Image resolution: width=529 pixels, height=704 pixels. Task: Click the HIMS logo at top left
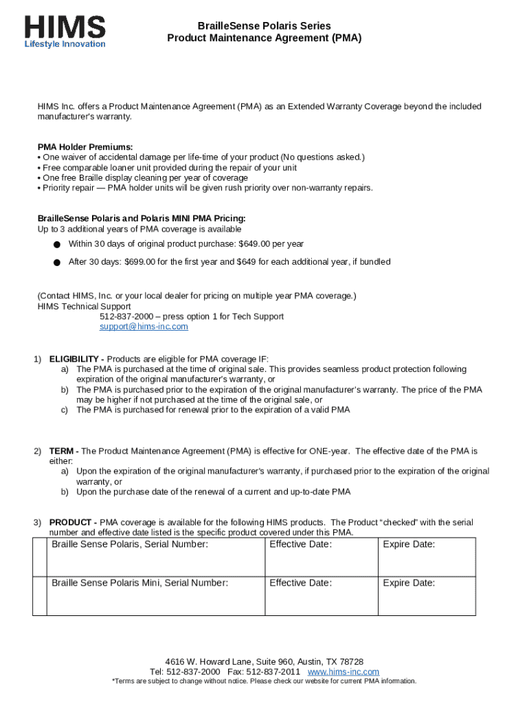[65, 27]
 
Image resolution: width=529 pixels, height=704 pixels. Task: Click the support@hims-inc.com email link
[144, 327]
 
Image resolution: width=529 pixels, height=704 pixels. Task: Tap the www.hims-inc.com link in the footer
[344, 672]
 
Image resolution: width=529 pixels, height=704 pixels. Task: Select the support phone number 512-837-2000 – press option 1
[192, 316]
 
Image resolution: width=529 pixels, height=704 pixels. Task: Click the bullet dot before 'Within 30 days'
[57, 244]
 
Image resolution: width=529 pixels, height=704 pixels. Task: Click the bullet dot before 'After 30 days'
[57, 262]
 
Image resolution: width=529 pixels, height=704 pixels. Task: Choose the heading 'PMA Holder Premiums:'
[85, 147]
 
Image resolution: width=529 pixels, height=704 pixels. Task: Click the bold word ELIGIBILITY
[75, 359]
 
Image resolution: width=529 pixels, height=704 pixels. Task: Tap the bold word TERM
[63, 451]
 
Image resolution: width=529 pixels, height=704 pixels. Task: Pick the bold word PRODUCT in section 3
[73, 522]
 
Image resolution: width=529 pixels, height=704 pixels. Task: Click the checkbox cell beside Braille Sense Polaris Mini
[39, 596]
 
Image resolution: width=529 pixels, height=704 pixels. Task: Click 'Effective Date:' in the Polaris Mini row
[300, 583]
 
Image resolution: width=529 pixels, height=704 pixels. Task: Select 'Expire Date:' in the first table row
[409, 544]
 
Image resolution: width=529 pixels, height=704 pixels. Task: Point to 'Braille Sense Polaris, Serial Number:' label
[130, 544]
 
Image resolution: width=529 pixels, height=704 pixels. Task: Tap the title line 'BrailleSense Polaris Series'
[264, 25]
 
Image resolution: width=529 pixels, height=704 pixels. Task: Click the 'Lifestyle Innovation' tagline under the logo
[65, 45]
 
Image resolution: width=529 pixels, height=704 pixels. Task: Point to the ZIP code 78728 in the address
[349, 661]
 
